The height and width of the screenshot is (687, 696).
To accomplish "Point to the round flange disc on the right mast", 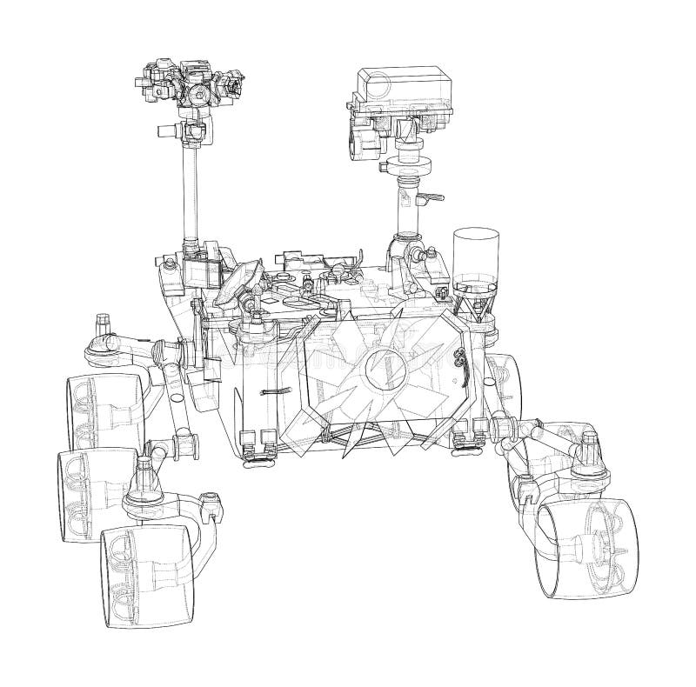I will tap(407, 163).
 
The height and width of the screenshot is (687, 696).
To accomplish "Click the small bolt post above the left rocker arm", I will tap(103, 322).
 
